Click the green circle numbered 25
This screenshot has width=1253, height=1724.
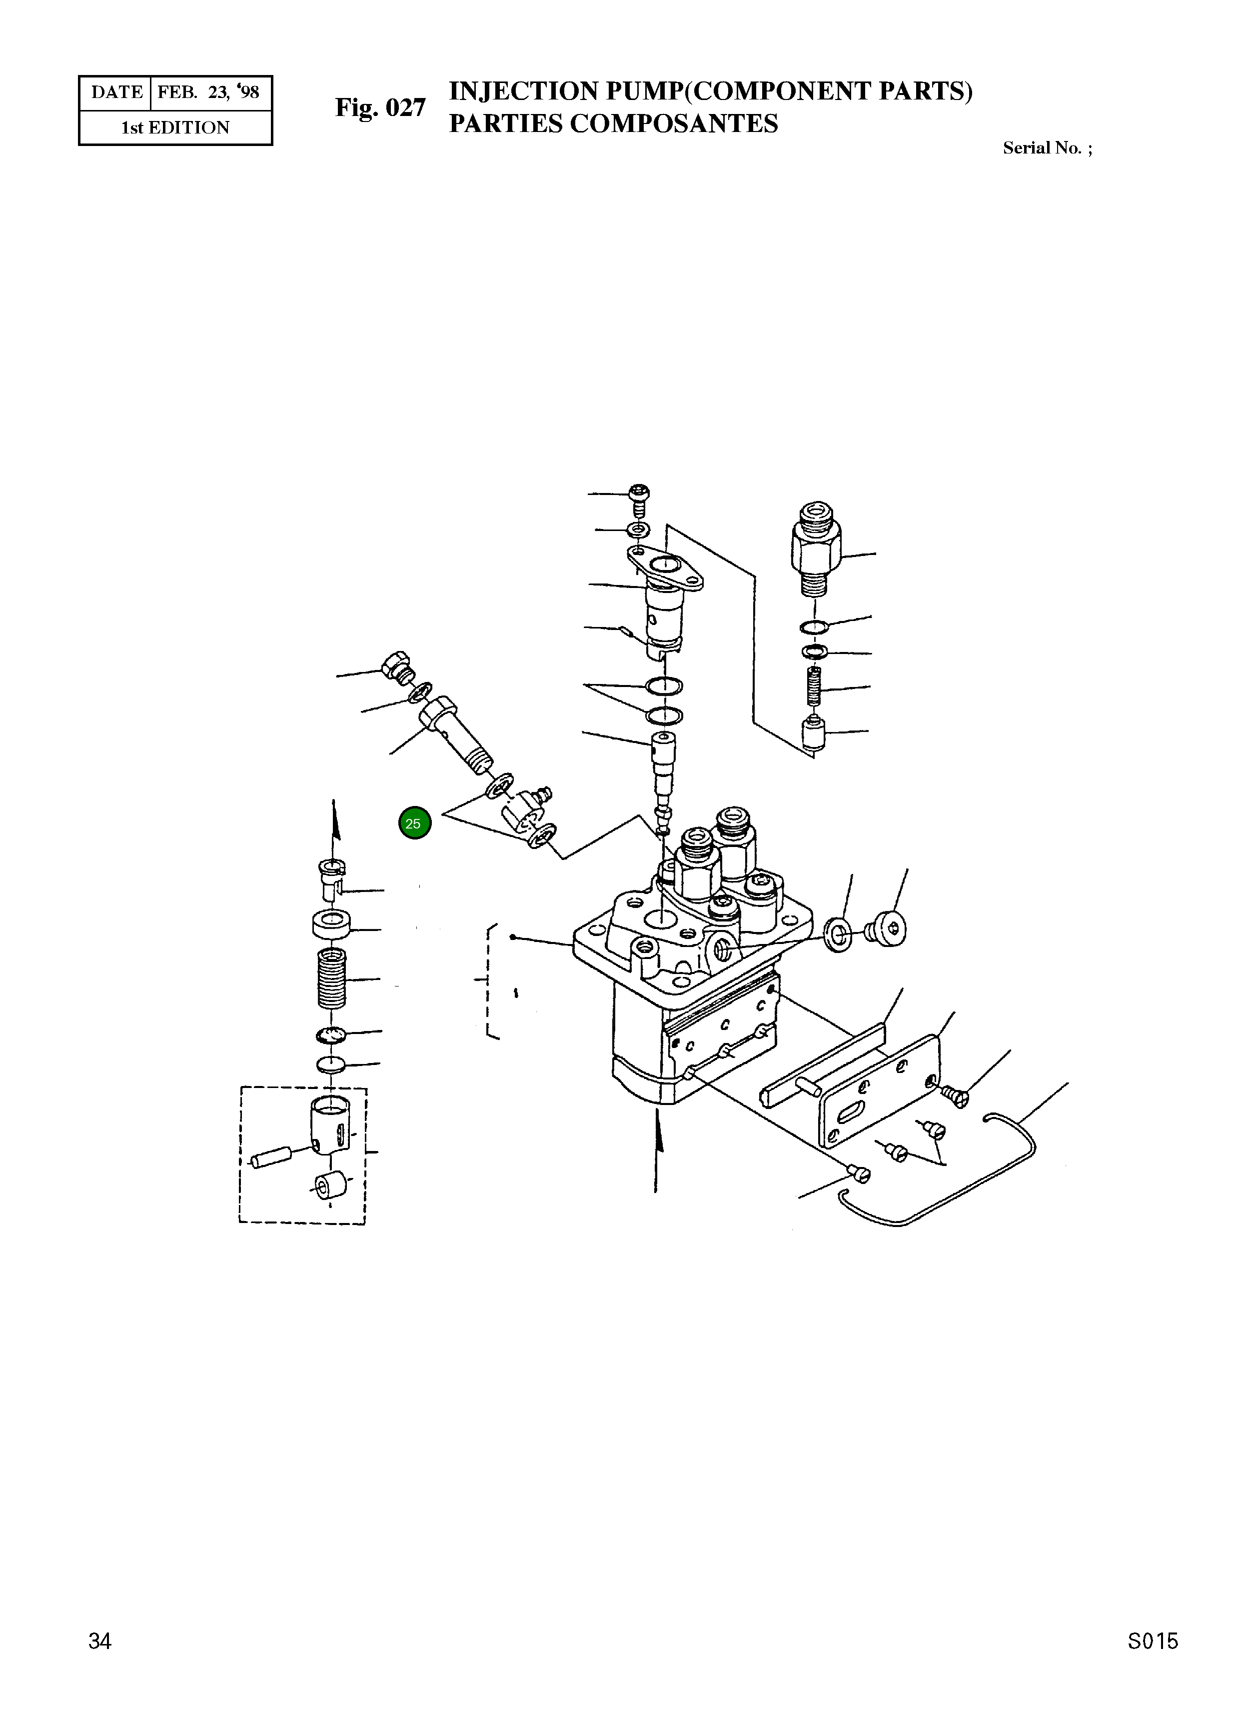(414, 823)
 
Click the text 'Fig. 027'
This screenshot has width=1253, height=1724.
(381, 108)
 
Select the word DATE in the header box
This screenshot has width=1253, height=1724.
(117, 92)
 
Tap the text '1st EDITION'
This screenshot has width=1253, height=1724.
(175, 127)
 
